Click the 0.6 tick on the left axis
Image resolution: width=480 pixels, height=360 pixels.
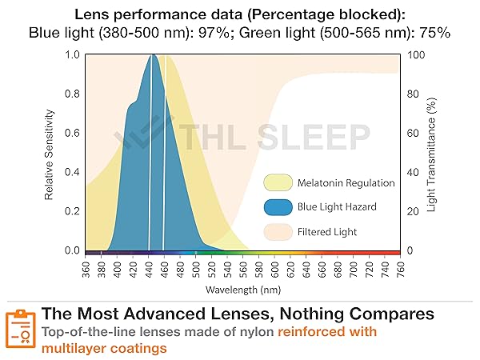(x=72, y=133)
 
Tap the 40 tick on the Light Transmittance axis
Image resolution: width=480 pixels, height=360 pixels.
(x=413, y=172)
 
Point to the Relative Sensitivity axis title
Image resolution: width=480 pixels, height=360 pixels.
(x=49, y=153)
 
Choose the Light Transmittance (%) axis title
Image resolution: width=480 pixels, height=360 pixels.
(x=433, y=153)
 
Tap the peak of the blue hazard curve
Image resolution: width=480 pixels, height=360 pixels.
(x=151, y=56)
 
